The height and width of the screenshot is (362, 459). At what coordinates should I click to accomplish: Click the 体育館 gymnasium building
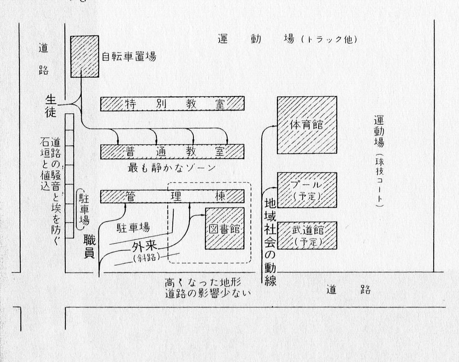(306, 125)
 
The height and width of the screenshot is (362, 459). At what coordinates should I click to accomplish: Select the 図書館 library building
(225, 229)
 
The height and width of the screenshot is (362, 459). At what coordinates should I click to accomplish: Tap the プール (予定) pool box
(306, 190)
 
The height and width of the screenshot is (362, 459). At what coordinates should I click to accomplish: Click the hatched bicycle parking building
(84, 56)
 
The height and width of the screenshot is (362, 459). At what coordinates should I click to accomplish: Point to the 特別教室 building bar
(172, 104)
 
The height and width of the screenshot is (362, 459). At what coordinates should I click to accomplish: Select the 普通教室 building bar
(172, 151)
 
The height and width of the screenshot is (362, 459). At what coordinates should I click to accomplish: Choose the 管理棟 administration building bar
(172, 196)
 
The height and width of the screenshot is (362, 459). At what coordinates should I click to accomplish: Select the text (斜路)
(146, 258)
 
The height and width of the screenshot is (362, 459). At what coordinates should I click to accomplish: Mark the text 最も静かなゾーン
(172, 168)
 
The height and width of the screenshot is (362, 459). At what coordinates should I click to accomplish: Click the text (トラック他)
(329, 40)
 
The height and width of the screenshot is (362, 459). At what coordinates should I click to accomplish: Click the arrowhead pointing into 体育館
(274, 125)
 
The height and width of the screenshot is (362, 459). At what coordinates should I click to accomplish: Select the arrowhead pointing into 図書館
(203, 216)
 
